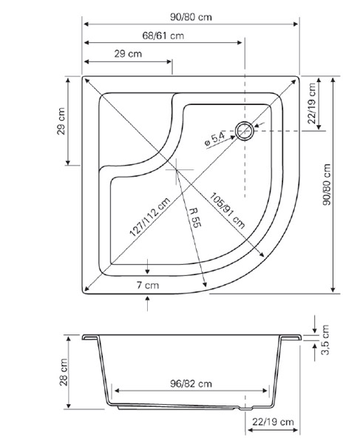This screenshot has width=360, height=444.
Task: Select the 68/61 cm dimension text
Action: pos(163,36)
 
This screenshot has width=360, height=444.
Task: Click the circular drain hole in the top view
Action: pos(245,131)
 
